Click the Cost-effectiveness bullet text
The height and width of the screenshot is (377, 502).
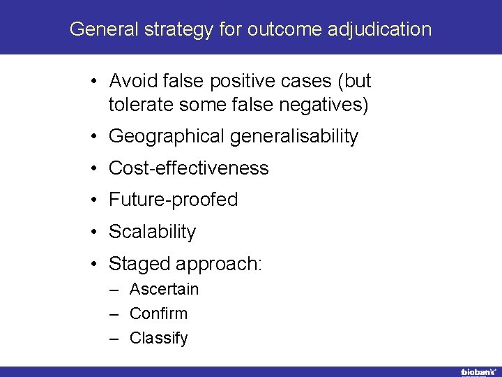click(188, 168)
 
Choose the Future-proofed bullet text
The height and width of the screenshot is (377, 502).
click(173, 200)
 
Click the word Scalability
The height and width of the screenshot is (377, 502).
click(152, 232)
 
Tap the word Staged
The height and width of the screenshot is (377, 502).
click(139, 264)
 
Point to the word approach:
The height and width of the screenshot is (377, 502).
click(219, 264)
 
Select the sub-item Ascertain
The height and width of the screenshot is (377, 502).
click(164, 289)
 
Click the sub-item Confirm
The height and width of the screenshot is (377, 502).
click(158, 313)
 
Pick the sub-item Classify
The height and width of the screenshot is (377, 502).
click(158, 338)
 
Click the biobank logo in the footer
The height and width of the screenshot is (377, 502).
click(478, 371)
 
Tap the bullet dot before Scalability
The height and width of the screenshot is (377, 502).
click(93, 232)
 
